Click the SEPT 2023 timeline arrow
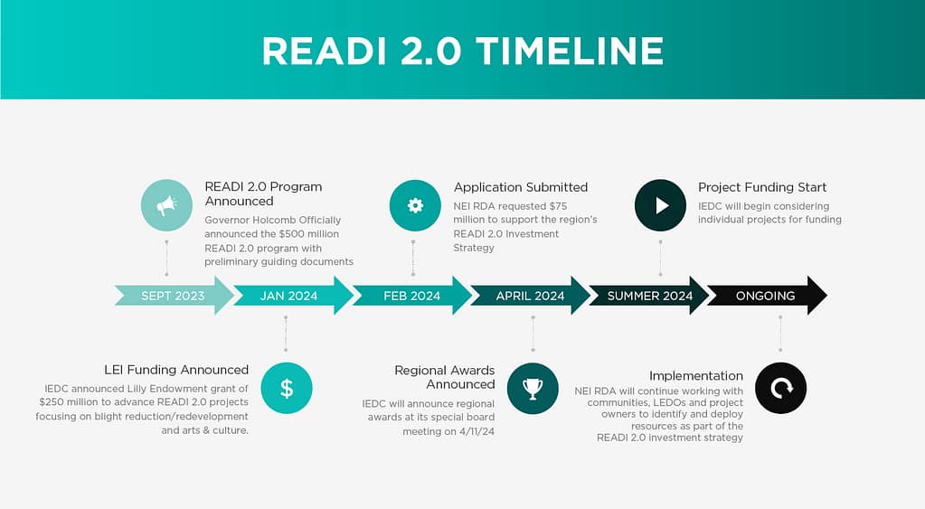(173, 296)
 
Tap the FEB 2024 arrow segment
(411, 296)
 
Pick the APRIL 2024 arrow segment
(530, 296)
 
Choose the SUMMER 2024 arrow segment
(649, 296)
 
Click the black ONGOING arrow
(766, 296)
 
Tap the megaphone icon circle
(166, 206)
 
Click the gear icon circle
(415, 205)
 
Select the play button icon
(661, 205)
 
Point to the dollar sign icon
(286, 388)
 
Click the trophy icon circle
(533, 388)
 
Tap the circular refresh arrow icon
(779, 388)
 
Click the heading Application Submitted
(520, 187)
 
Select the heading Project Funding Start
(762, 187)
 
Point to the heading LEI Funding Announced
(176, 370)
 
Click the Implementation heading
(696, 376)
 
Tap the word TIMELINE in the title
(569, 51)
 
